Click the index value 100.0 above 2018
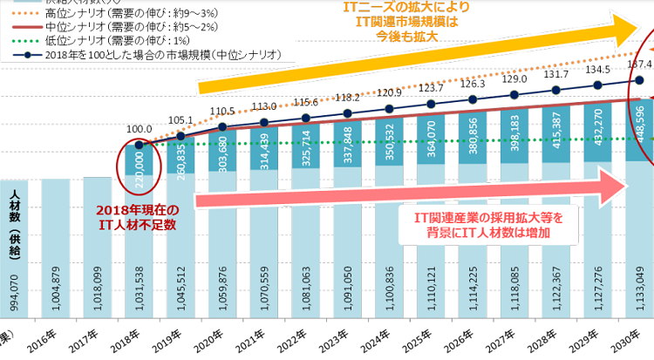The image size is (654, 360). click(140, 129)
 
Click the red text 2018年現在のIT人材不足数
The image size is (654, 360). click(140, 217)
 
